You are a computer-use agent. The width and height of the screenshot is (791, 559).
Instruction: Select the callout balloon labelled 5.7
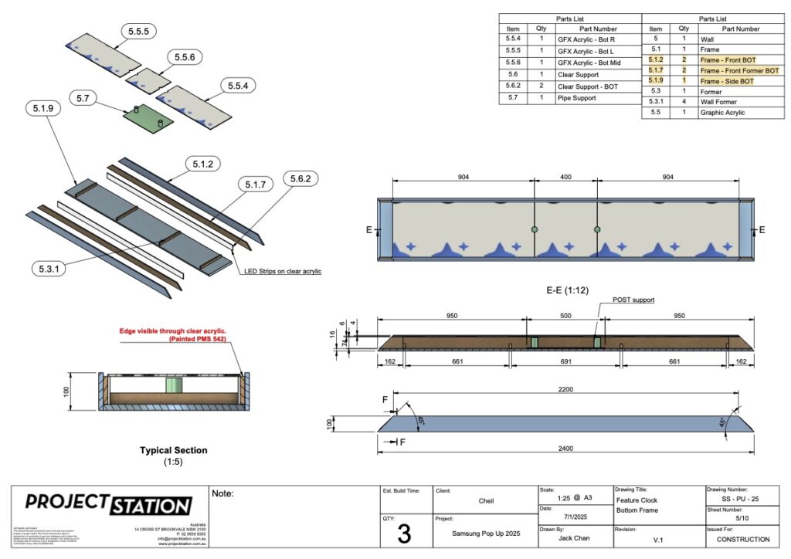(84, 98)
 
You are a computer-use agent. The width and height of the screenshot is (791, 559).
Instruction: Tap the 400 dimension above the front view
(565, 177)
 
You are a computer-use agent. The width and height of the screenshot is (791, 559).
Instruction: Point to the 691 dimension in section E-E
(565, 361)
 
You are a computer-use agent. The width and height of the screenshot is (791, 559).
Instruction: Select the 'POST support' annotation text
(633, 300)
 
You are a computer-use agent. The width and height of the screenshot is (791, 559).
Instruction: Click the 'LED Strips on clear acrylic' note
(283, 271)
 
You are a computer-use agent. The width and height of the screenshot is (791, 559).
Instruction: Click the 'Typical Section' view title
(173, 450)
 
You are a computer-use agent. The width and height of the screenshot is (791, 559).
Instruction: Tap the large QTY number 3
(404, 534)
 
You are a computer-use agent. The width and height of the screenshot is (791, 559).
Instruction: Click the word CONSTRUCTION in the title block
(742, 539)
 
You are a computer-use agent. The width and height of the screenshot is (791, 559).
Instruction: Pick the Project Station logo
(108, 505)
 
